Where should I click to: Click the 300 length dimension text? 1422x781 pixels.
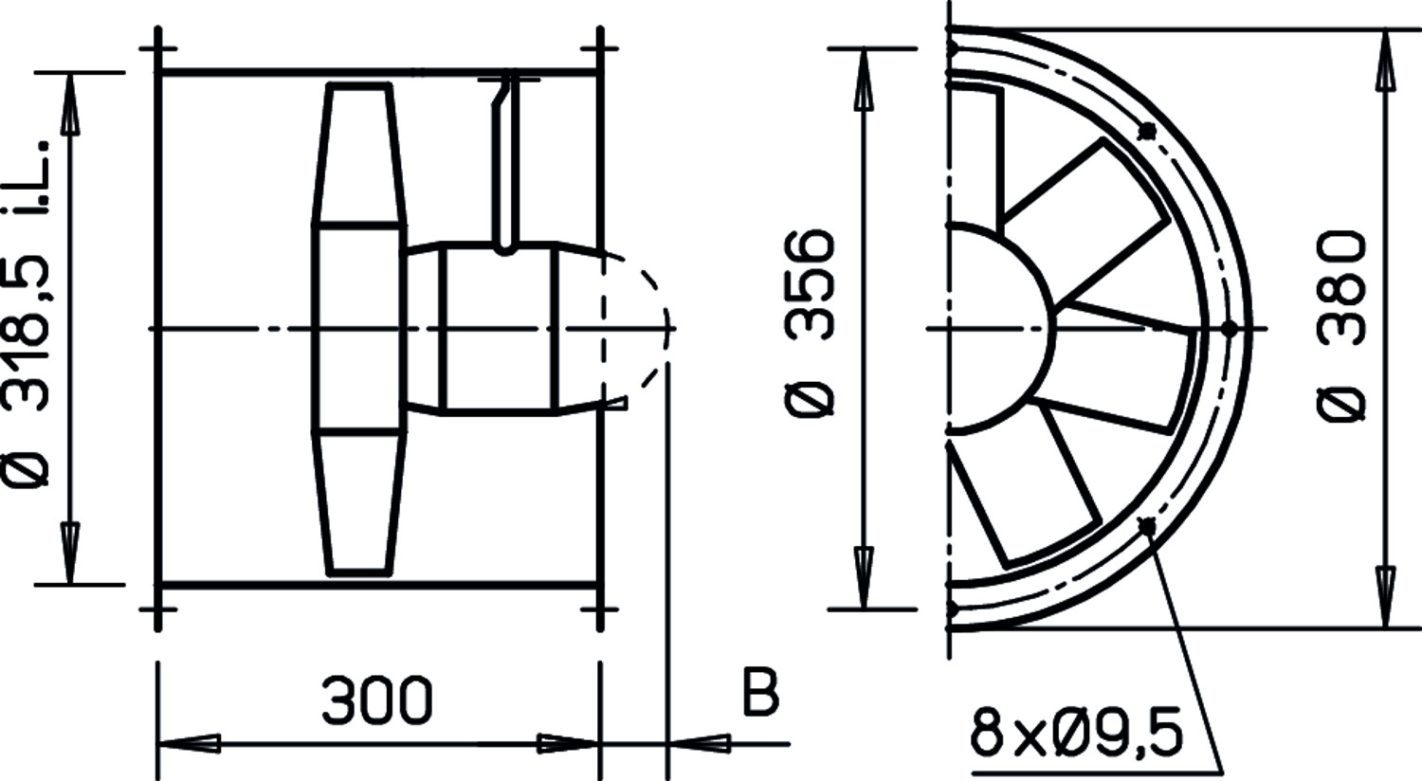pos(377,699)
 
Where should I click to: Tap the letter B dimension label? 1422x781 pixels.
pos(760,692)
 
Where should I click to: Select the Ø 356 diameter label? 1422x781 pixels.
pos(810,323)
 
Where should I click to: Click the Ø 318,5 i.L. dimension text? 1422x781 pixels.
pos(26,314)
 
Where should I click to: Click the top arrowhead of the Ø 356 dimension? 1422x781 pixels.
pos(864,80)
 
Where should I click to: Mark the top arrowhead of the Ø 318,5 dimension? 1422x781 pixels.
pos(70,103)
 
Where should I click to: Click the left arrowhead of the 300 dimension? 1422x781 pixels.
pos(190,744)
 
